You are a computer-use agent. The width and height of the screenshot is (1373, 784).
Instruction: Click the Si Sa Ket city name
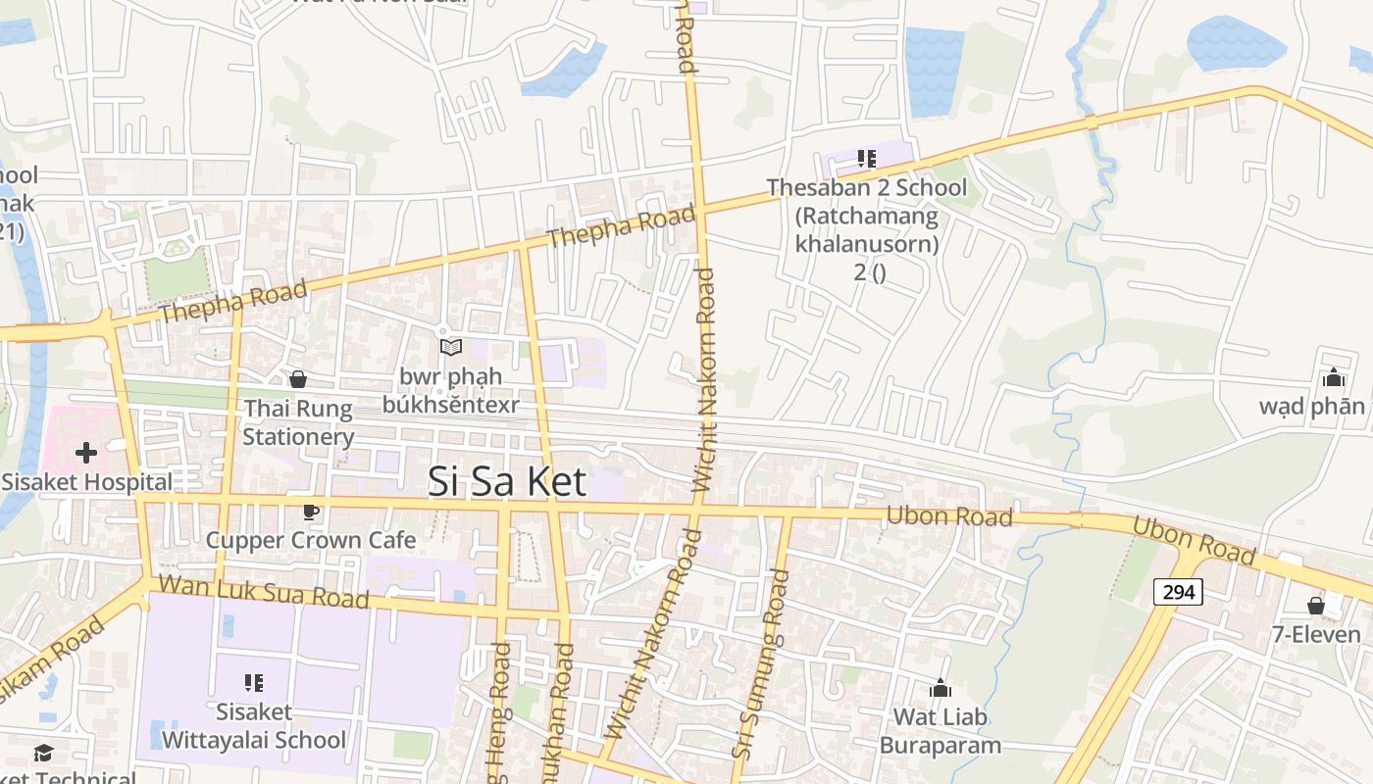point(507,481)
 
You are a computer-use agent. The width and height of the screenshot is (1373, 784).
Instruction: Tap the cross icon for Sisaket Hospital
point(86,453)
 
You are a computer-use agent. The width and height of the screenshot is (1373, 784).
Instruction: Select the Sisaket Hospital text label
point(86,482)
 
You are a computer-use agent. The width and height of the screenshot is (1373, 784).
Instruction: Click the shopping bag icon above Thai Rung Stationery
point(298,379)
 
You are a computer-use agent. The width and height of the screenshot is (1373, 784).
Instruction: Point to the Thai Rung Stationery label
point(298,422)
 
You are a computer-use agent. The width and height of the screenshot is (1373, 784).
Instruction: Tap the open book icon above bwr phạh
point(450,347)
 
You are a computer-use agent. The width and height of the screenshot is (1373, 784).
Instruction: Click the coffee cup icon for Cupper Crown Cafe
point(310,512)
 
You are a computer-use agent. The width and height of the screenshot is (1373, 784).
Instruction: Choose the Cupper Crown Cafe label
point(310,540)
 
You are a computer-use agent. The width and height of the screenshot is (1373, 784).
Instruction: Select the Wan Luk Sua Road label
point(263,591)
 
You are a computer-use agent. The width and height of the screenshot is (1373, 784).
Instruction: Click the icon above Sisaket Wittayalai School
point(254,682)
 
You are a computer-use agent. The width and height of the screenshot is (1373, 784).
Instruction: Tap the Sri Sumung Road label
point(761,664)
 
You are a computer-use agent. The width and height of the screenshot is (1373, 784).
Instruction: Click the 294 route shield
point(1178,592)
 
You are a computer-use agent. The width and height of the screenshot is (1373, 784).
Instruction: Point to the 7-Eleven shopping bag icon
point(1316,606)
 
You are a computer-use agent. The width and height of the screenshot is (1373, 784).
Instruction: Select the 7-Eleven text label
point(1316,635)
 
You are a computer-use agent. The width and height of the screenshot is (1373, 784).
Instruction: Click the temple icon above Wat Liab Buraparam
point(941,689)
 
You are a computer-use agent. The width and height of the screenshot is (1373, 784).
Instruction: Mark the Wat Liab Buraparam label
point(941,731)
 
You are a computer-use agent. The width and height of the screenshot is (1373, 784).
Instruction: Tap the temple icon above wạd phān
point(1333,378)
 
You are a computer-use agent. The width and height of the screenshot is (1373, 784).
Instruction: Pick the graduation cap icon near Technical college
point(43,753)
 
